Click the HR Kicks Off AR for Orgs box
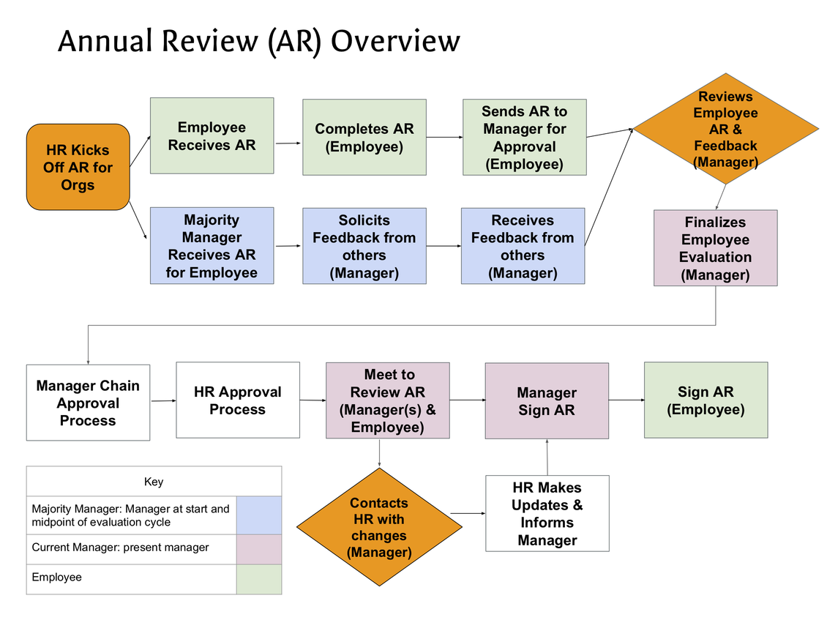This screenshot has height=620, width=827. click(78, 167)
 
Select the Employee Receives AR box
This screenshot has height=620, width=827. click(212, 136)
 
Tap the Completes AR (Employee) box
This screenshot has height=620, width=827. click(364, 138)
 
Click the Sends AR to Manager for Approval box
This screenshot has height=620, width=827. click(524, 138)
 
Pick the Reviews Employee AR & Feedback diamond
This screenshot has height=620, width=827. click(725, 130)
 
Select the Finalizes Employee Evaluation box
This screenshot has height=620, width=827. click(715, 248)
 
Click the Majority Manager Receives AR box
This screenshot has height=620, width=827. click(212, 246)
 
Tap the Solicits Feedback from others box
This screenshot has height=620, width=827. click(364, 246)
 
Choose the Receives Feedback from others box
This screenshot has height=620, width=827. click(523, 246)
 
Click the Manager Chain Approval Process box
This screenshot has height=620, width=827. click(88, 403)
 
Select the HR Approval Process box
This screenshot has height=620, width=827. click(238, 400)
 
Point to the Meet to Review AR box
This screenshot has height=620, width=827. click(387, 400)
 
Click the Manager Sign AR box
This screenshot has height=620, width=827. click(547, 401)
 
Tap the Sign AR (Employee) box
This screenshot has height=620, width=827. click(706, 400)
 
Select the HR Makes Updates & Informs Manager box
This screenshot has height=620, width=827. click(547, 513)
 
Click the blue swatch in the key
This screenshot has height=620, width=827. click(259, 515)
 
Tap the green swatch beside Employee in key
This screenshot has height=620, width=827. click(259, 579)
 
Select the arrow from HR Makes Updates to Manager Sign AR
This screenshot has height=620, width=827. click(547, 457)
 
